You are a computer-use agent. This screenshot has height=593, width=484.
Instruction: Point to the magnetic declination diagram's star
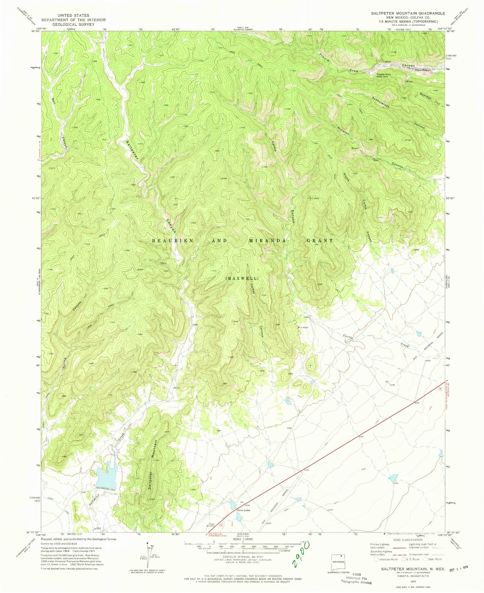tap(147, 543)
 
